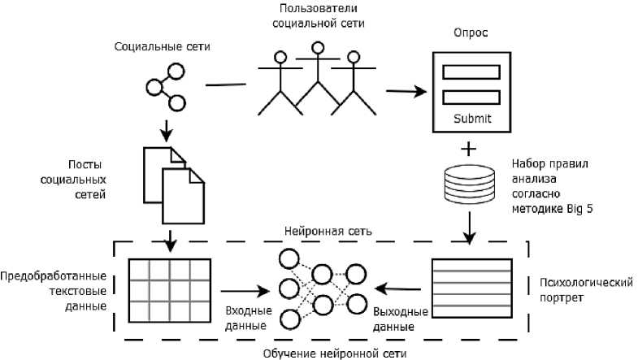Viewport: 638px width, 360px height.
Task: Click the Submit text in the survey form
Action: tap(471, 120)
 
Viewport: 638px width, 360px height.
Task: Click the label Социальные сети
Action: tap(163, 46)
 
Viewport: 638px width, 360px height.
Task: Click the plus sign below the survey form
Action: tap(470, 150)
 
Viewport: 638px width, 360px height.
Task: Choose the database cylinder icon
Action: tap(471, 186)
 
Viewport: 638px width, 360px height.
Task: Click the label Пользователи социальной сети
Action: tap(319, 15)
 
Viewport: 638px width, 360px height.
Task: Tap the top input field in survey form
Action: tap(471, 72)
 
